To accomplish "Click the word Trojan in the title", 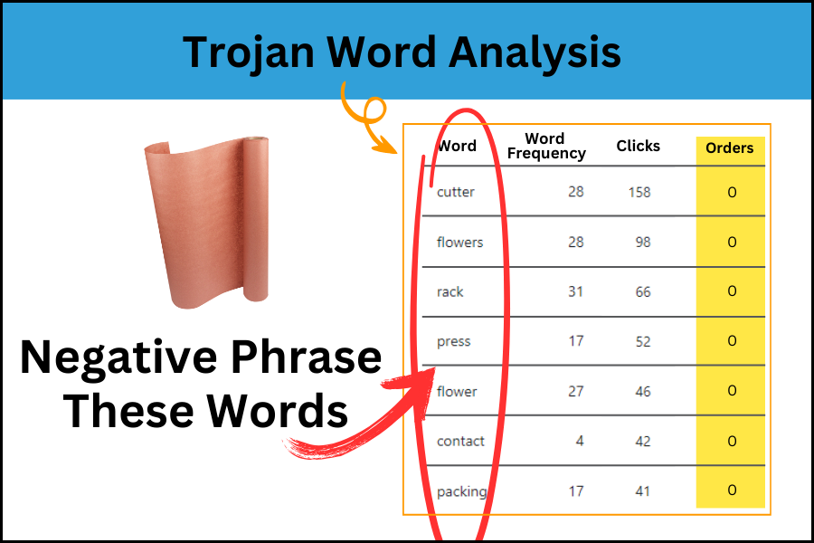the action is click(249, 53).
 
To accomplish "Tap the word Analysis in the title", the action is click(535, 53).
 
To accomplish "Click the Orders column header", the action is click(729, 148).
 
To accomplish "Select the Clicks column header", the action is click(638, 146).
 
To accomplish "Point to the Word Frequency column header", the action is click(546, 146).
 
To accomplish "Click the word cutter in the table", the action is click(455, 192).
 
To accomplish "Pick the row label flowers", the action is click(460, 243).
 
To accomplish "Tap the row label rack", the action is click(450, 292).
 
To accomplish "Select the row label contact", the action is click(460, 441).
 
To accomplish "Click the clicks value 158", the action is click(639, 192).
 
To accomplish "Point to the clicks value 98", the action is click(643, 243).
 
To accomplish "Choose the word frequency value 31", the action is click(576, 291).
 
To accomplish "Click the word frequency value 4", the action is click(580, 441).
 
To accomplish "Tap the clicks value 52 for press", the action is click(643, 341).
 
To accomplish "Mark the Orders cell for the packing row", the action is click(732, 490).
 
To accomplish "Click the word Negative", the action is click(118, 357).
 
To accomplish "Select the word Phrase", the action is click(307, 357).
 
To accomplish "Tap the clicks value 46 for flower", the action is click(643, 391).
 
